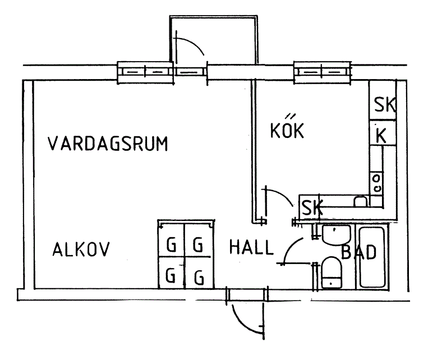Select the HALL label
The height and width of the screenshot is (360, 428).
[250, 247]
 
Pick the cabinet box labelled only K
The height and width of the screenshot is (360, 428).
[381, 135]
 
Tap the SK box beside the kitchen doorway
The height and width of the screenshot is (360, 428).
[311, 208]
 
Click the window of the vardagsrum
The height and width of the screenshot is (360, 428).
[145, 72]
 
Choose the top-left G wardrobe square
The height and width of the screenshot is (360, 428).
[172, 244]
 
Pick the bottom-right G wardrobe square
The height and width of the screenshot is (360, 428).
[199, 276]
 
